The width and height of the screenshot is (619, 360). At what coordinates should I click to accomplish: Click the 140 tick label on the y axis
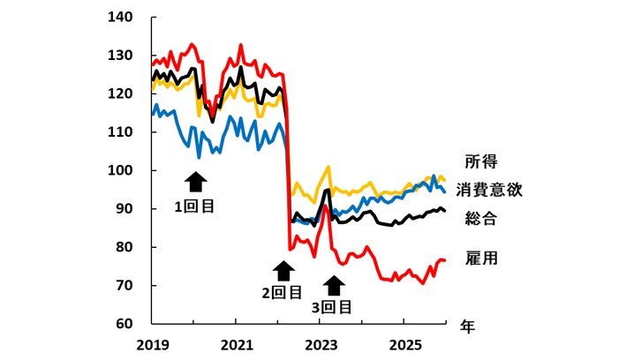119,18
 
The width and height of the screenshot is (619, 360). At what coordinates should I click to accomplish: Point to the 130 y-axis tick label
119,56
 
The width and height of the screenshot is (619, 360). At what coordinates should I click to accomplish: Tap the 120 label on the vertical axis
119,94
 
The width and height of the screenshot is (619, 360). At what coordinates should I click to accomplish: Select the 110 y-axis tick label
119,132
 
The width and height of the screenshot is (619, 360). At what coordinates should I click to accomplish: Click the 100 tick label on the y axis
119,170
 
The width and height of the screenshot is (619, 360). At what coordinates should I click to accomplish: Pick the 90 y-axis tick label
123,209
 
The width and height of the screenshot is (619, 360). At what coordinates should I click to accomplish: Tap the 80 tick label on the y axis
123,247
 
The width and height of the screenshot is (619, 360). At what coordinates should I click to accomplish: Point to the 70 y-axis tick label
123,286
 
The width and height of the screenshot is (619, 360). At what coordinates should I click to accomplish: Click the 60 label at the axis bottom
123,324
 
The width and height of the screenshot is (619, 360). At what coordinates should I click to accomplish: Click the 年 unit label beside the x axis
467,326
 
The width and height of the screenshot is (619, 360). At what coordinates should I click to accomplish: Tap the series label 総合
481,219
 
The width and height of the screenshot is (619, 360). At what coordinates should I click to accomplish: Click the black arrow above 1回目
195,182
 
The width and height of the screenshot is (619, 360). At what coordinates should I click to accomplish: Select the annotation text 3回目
332,308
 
